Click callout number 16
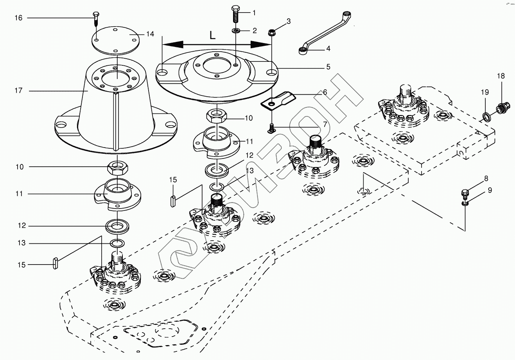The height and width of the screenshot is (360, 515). [19, 18]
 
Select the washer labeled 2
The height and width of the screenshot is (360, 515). [237, 31]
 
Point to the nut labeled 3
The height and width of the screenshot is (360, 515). [271, 32]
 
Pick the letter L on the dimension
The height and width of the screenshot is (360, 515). [212, 36]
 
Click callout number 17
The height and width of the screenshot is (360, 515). [19, 90]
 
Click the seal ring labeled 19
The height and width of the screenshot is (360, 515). [486, 116]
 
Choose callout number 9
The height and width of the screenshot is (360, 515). [490, 190]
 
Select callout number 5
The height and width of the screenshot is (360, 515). [328, 67]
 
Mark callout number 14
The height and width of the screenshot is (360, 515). [150, 34]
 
